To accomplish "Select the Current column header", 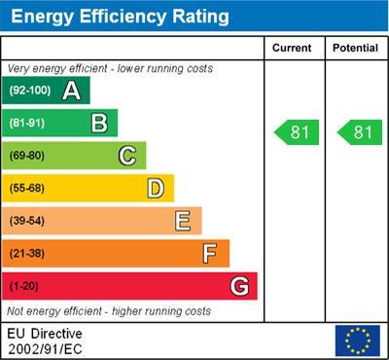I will click(x=292, y=48).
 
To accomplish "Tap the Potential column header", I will click(x=355, y=48).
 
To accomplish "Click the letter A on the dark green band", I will click(x=71, y=90).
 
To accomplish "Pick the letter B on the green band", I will click(x=99, y=123).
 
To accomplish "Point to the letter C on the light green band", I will click(x=127, y=156).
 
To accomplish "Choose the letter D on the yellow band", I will click(x=156, y=188).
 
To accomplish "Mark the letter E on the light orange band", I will click(x=183, y=221).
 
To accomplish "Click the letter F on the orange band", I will click(x=210, y=254).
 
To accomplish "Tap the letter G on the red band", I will click(x=239, y=286).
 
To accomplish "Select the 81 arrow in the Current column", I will click(x=296, y=132).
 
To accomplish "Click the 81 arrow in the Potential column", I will click(x=359, y=132).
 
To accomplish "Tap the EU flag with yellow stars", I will click(x=357, y=340).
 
